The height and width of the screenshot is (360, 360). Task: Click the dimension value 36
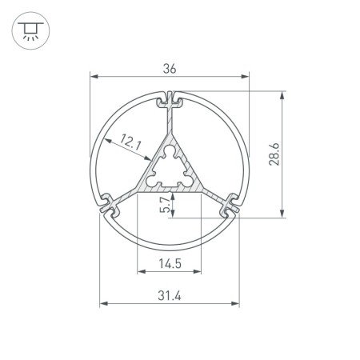click(x=169, y=69)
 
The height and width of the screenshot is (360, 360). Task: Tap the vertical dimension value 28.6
click(x=274, y=153)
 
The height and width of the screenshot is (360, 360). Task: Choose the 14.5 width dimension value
click(x=169, y=263)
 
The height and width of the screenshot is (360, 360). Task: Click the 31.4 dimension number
click(x=169, y=296)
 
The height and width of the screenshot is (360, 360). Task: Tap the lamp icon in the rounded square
click(x=31, y=31)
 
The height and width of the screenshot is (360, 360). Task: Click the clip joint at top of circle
click(x=169, y=101)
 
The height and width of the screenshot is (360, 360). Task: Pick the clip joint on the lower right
click(x=230, y=204)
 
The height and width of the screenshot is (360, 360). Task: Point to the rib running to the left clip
click(x=130, y=194)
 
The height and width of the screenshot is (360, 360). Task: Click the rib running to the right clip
click(x=208, y=194)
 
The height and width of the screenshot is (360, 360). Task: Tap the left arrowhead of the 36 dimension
click(x=92, y=78)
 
